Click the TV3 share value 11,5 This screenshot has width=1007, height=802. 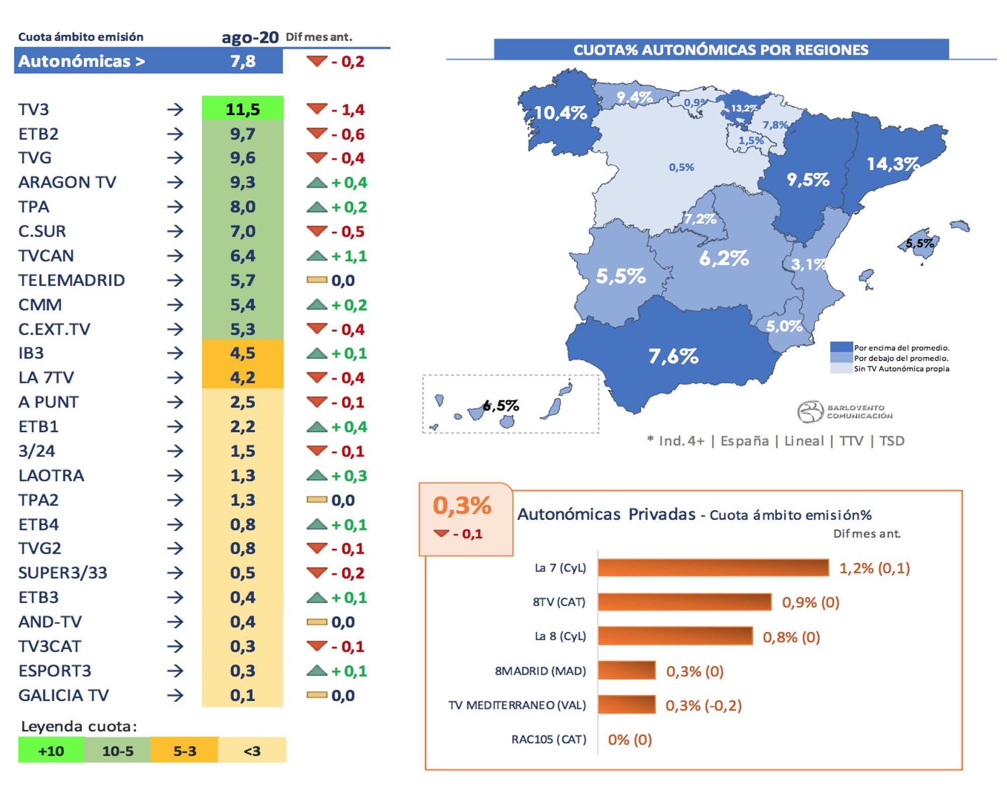tap(243, 109)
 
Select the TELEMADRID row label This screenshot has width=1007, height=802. tap(71, 280)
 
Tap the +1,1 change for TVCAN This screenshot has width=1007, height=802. tap(349, 256)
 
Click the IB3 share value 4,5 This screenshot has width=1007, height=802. tap(243, 353)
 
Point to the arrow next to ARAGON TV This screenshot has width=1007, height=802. tap(175, 182)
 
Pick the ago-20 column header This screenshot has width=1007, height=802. tap(250, 37)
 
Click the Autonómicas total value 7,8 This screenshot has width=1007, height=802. tap(243, 61)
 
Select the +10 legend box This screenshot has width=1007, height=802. tap(51, 751)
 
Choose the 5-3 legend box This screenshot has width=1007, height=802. tap(185, 751)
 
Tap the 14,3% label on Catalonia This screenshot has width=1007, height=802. tap(893, 164)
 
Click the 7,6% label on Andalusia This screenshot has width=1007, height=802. tap(673, 356)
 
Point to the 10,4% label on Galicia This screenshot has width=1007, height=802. tap(560, 112)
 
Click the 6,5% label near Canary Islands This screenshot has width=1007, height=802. tap(501, 405)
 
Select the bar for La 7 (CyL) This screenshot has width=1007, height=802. tap(713, 567)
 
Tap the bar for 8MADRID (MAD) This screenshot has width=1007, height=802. tap(627, 671)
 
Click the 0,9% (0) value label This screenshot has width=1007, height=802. tap(811, 602)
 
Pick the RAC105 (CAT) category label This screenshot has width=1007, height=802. tap(549, 739)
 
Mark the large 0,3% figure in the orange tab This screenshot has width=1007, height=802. tap(462, 505)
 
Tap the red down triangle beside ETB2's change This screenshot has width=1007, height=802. tap(317, 133)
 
